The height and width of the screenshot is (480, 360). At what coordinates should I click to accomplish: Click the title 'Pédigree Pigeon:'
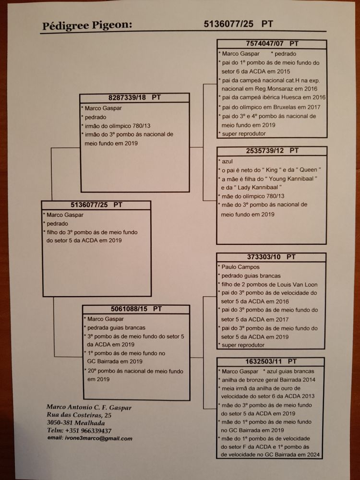pyautogui.click(x=86, y=26)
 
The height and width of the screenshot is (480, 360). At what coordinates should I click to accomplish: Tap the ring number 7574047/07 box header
pyautogui.click(x=272, y=44)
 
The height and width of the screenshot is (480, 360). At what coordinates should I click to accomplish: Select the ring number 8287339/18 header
pyautogui.click(x=134, y=97)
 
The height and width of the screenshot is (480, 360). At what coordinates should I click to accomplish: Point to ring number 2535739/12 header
pyautogui.click(x=272, y=151)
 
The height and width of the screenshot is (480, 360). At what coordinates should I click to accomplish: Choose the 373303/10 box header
pyautogui.click(x=271, y=257)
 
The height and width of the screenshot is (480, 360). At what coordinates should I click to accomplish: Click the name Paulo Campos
pyautogui.click(x=240, y=266)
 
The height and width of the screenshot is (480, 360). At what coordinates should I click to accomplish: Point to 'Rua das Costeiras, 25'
pyautogui.click(x=79, y=415)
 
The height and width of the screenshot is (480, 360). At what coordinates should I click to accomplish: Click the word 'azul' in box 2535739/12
pyautogui.click(x=227, y=161)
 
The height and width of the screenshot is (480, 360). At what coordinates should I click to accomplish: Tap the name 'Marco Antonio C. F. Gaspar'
pyautogui.click(x=89, y=408)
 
